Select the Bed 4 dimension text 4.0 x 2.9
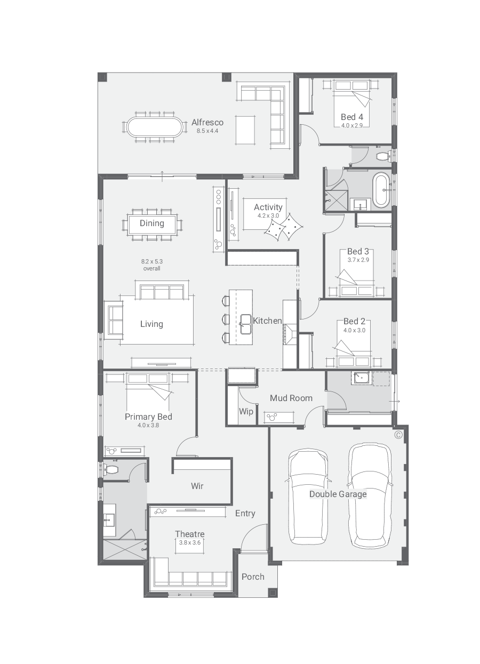tap(352, 125)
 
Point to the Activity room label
tap(268, 207)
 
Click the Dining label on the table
tap(152, 223)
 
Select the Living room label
tap(151, 324)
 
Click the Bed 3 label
tap(358, 251)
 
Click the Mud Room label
tap(291, 398)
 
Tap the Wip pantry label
tap(246, 411)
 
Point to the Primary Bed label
tap(148, 417)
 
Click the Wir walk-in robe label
tap(197, 486)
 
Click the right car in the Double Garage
tap(370, 493)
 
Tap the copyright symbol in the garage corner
tap(398, 435)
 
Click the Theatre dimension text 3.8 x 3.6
tap(190, 542)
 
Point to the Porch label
tap(253, 577)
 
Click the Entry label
tap(245, 513)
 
